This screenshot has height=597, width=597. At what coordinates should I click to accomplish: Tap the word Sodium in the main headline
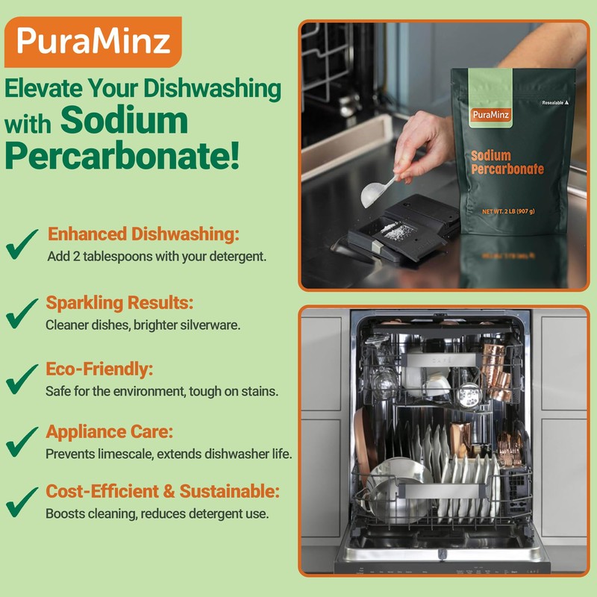tap(124, 119)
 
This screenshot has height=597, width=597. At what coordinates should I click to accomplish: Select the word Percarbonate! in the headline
tap(123, 154)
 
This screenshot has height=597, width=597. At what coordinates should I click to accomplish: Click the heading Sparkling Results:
tap(119, 304)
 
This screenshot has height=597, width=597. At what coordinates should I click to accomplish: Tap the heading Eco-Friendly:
tap(100, 369)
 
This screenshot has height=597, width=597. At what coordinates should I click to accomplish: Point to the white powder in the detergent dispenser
tap(395, 230)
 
